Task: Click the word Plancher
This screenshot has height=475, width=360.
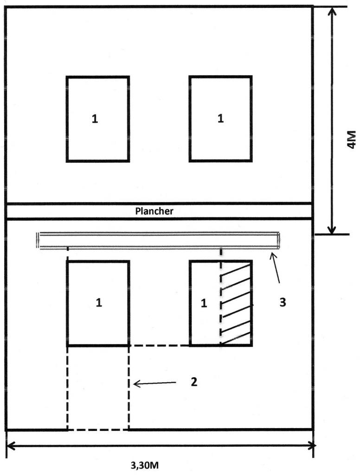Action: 154,211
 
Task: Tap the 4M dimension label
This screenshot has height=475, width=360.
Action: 351,139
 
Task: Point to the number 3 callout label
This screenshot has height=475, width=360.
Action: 283,302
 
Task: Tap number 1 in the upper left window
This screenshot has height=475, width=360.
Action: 95,119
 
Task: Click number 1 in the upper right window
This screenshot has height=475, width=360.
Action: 220,119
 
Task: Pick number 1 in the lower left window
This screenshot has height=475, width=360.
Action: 98,303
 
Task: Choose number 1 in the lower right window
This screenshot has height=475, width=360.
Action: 203,303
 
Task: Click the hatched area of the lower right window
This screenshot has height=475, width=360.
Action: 236,303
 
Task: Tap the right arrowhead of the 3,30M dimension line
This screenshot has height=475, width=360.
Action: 312,446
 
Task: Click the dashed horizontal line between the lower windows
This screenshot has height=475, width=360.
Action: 159,346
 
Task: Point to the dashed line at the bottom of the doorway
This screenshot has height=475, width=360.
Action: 98,430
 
